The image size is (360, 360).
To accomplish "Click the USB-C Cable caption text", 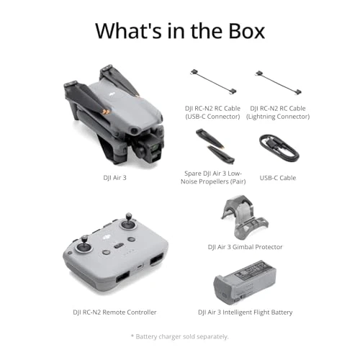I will (x=277, y=178).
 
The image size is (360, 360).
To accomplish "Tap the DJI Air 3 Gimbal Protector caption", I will (x=245, y=246).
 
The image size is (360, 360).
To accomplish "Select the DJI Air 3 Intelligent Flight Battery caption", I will (x=245, y=312).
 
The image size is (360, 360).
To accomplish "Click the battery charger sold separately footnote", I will (x=179, y=337).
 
